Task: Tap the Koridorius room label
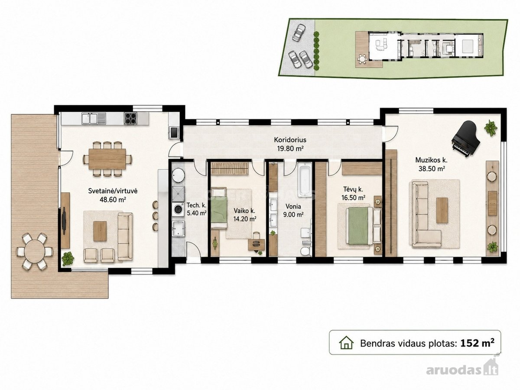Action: coord(290,140)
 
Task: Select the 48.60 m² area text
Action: coord(113,200)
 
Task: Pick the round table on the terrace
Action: coord(35,251)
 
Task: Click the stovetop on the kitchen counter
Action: coord(130,118)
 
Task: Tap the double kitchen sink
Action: coord(94,118)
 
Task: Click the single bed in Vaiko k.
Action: coord(219,208)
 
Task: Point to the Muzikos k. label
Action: coord(431,160)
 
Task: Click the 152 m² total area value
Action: coord(477,343)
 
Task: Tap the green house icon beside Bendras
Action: coord(346,343)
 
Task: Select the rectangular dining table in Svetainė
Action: coord(107,159)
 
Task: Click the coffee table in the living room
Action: coord(100,231)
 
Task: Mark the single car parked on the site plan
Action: coord(299,32)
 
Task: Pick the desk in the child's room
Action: coord(257,245)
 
